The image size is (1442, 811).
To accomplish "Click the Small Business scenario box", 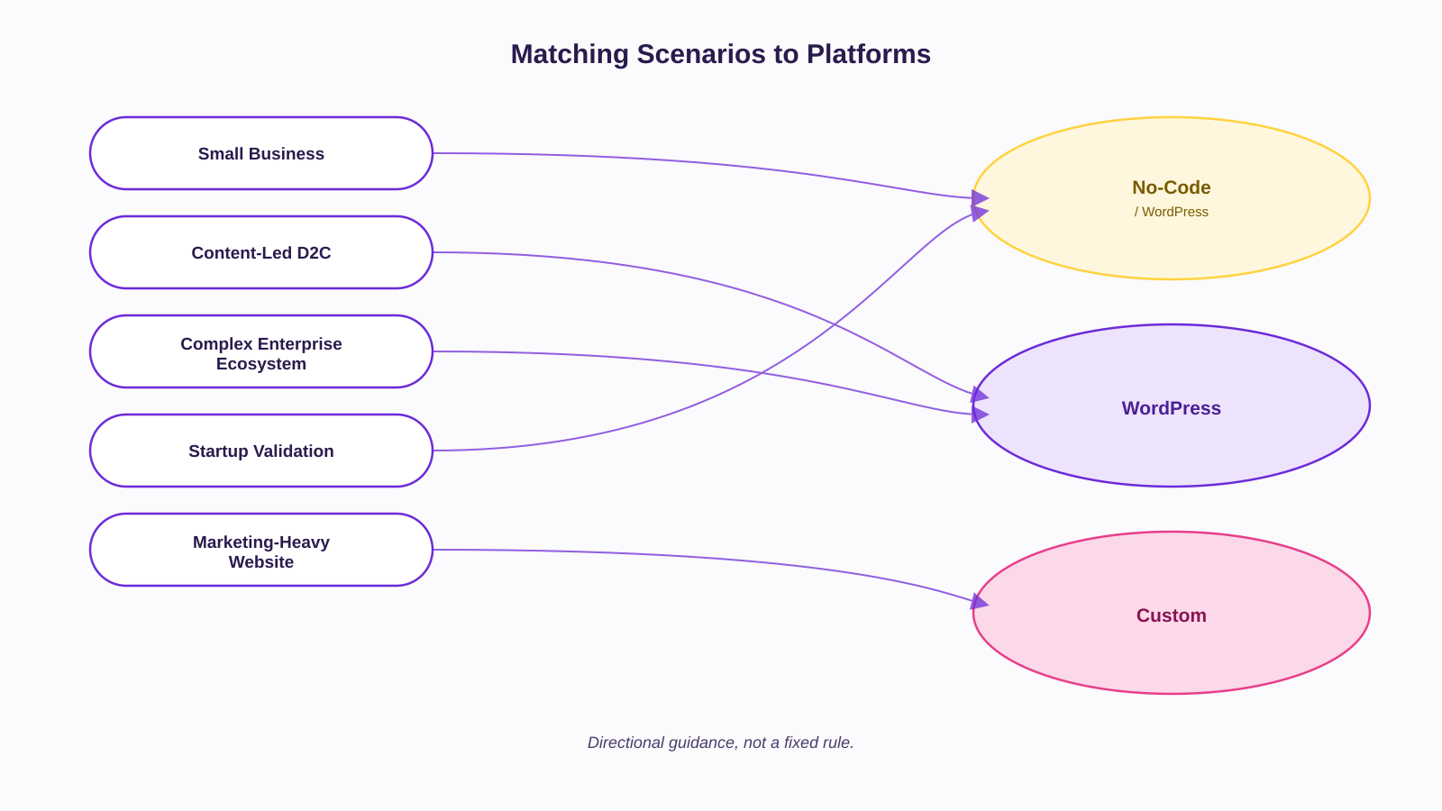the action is coord(260,153).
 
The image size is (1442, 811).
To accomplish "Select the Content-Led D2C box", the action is coord(260,252).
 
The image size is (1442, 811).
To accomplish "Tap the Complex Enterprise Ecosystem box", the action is coord(260,351).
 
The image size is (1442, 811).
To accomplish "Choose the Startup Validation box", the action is coord(260,451).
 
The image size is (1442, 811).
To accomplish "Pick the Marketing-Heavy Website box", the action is coord(260,550).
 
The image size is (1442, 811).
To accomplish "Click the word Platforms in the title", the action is coord(869,54).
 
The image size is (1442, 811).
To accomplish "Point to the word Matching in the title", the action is coord(569,54).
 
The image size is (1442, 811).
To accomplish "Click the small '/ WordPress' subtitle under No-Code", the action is coord(1171,212).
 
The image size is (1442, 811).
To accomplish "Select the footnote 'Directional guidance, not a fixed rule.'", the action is coord(720,743).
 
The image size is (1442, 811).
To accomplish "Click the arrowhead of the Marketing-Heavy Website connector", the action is coord(980,603).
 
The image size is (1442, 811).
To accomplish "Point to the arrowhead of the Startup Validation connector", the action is coord(980,213).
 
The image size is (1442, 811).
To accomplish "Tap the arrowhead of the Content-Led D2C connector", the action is coord(980,395).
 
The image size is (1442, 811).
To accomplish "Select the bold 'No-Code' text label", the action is coord(1171,187).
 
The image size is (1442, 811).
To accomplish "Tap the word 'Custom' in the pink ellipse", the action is coord(1171,615).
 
